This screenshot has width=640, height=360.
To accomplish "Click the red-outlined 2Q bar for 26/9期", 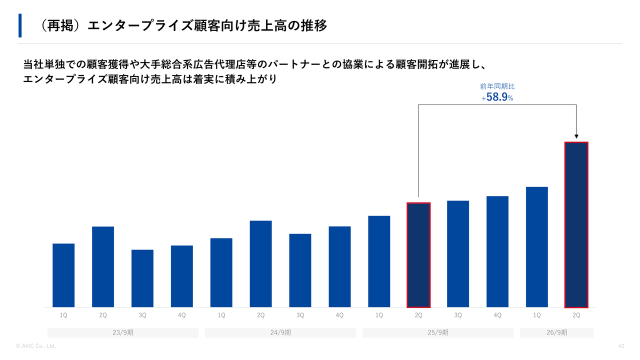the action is click(576, 225).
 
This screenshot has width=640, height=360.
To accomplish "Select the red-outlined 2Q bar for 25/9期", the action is click(418, 255).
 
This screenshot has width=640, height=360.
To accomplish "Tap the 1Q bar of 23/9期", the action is click(63, 275).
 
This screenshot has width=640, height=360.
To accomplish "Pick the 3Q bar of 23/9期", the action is click(142, 278).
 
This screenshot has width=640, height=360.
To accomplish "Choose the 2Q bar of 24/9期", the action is click(260, 264).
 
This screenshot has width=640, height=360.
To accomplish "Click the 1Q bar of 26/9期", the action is click(537, 247).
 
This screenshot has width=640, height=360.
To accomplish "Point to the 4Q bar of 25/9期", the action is click(497, 251).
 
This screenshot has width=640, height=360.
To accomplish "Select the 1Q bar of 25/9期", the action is click(379, 261).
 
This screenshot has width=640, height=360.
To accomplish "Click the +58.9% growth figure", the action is click(497, 97).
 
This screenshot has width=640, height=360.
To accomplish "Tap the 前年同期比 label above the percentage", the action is click(497, 86).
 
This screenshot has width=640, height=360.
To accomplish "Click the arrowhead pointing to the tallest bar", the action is click(576, 136).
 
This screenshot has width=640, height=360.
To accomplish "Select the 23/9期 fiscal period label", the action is click(123, 332).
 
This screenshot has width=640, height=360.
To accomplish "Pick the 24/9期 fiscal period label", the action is click(280, 332).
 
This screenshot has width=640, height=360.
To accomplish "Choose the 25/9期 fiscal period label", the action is click(438, 332).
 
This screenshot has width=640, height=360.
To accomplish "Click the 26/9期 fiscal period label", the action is click(557, 332).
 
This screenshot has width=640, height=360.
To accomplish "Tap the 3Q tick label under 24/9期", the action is click(300, 315).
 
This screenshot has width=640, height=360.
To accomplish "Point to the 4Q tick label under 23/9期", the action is click(181, 315).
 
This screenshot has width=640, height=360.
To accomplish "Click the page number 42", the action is click(621, 346).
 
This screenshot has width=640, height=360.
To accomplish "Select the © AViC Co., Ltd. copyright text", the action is click(35, 346).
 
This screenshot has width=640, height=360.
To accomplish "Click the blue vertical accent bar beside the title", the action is click(20, 25).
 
